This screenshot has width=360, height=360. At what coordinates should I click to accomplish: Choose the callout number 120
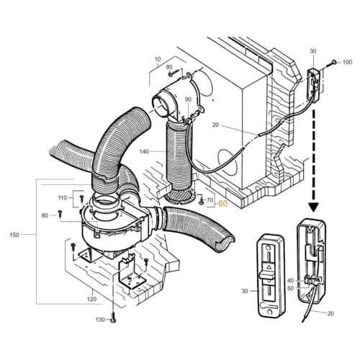click(x=91, y=298)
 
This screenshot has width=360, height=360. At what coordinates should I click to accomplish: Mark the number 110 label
click(x=63, y=197)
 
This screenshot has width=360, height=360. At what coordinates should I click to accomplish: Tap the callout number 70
click(x=211, y=199)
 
